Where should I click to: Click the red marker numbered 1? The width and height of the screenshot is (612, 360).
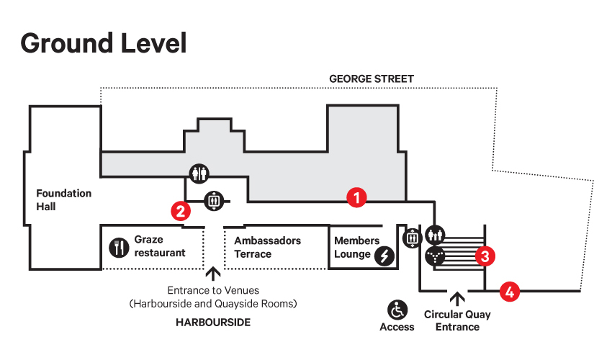pyautogui.click(x=356, y=197)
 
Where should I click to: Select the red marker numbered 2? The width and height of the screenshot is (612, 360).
pyautogui.click(x=181, y=211)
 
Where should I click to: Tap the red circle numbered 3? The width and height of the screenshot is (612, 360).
pyautogui.click(x=485, y=256)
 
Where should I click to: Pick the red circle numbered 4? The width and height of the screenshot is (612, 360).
pyautogui.click(x=510, y=292)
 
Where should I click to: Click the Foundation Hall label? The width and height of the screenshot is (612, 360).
pyautogui.click(x=63, y=200)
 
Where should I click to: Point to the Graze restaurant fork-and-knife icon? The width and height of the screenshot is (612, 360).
pyautogui.click(x=119, y=248)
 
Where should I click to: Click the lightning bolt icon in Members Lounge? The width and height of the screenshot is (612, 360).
pyautogui.click(x=384, y=256)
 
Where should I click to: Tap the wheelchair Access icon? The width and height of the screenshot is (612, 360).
pyautogui.click(x=397, y=310)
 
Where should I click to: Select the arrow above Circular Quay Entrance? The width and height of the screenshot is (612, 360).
pyautogui.click(x=457, y=299)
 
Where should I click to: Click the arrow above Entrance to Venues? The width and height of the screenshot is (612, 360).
pyautogui.click(x=212, y=274)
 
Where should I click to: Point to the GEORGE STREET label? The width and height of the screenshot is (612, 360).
pyautogui.click(x=372, y=79)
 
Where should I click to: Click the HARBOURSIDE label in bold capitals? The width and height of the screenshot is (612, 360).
pyautogui.click(x=213, y=322)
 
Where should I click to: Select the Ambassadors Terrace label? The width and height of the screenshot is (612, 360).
pyautogui.click(x=267, y=247)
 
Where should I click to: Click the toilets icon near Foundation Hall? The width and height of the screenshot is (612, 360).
pyautogui.click(x=199, y=174)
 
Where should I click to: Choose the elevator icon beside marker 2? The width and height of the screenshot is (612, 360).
pyautogui.click(x=214, y=201)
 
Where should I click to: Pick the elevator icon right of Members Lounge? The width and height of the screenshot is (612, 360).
pyautogui.click(x=412, y=238)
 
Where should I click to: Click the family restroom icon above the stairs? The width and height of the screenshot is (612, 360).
pyautogui.click(x=435, y=235)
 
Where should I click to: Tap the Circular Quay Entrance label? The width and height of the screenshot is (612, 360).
pyautogui.click(x=457, y=320)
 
